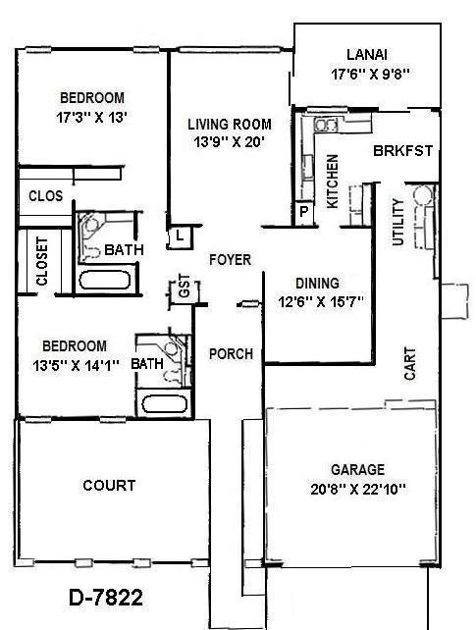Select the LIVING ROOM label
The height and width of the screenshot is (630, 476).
point(230,124)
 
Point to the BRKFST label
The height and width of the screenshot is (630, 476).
point(402,151)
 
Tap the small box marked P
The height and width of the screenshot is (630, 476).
point(303,212)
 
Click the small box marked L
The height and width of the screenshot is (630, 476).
point(181,236)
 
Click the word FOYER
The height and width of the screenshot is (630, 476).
point(231,260)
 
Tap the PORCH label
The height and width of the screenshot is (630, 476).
point(232,354)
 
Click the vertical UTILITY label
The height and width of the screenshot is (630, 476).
point(397,222)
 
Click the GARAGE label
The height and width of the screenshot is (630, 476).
point(357,469)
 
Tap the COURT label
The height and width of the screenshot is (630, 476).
point(109,485)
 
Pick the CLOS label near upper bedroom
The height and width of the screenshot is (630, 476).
point(45,196)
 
